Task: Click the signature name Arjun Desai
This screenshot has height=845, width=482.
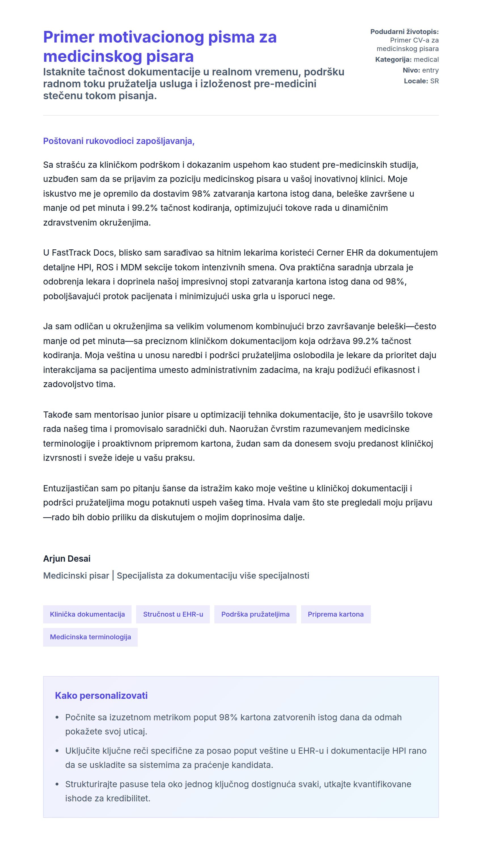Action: (67, 559)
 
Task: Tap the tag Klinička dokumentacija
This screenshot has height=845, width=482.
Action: (87, 614)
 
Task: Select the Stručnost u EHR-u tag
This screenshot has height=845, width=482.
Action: (173, 614)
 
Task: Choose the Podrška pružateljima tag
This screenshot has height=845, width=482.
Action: (255, 614)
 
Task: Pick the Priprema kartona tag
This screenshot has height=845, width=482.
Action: (335, 614)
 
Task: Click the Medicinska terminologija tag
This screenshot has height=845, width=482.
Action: (90, 637)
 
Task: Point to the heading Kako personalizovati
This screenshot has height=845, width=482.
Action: (101, 695)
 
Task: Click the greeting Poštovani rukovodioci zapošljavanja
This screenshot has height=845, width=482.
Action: (119, 141)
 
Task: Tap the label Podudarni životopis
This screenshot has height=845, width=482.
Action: (404, 32)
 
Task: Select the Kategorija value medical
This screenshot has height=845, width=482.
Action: (426, 60)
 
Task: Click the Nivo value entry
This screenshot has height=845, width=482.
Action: (430, 70)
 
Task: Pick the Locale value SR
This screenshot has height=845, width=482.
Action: (434, 81)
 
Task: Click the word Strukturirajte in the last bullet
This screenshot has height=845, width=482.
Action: (91, 784)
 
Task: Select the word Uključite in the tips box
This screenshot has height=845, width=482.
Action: (80, 751)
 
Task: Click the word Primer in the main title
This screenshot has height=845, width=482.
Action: (69, 37)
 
